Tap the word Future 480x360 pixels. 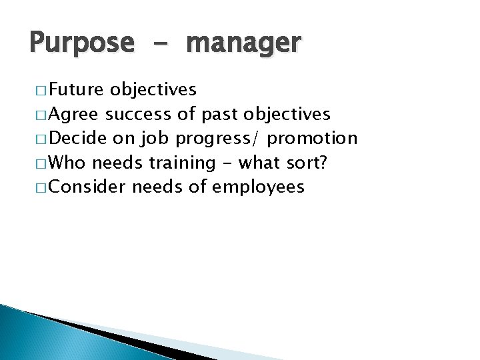[76, 89]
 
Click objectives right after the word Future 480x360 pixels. [153, 89]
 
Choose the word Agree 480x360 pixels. [74, 114]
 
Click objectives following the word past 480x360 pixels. [287, 114]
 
